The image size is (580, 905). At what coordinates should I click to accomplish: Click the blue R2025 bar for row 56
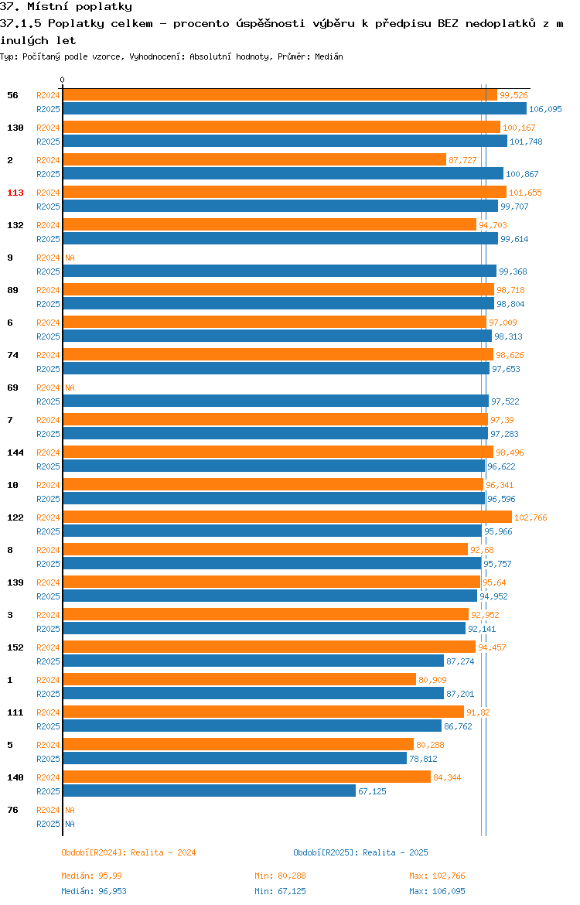[295, 109]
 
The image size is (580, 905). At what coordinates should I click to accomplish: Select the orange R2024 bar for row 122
[288, 517]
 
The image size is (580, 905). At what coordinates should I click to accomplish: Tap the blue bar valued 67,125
[209, 791]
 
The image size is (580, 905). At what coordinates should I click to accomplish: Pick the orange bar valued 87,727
[254, 160]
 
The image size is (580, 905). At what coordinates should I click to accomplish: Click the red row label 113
[15, 193]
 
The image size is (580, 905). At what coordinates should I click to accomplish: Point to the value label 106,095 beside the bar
[545, 109]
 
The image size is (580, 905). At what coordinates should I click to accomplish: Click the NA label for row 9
[70, 258]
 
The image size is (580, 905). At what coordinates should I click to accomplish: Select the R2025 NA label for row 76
[70, 824]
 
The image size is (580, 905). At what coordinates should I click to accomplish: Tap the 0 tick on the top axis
[63, 80]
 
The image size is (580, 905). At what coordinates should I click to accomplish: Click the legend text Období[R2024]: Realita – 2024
[128, 852]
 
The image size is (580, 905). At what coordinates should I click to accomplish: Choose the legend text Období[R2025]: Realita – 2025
[360, 852]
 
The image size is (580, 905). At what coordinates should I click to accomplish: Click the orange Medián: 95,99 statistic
[91, 876]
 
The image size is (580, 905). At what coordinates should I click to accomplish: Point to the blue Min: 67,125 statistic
[281, 891]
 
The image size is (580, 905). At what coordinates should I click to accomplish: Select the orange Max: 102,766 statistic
[437, 876]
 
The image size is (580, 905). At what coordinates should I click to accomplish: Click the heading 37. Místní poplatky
[66, 7]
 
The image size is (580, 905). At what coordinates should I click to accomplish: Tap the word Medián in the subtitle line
[329, 56]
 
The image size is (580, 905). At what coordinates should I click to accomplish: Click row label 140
[15, 777]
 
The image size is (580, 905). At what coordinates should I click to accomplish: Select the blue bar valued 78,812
[235, 758]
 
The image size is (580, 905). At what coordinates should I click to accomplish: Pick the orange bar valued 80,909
[240, 680]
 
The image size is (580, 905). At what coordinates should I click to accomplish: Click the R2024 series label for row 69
[48, 388]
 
